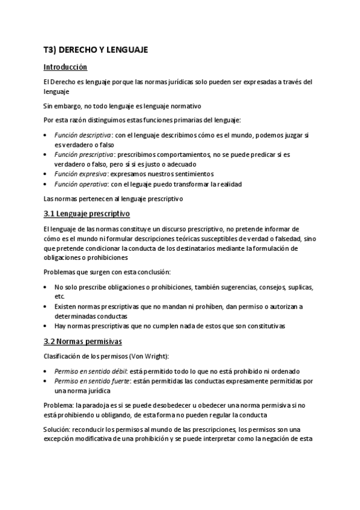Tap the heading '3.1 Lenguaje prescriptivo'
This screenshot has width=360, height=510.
click(x=87, y=214)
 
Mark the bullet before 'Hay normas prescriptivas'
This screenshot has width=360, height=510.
click(x=47, y=325)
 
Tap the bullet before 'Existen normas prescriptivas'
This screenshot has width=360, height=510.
click(x=47, y=307)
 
